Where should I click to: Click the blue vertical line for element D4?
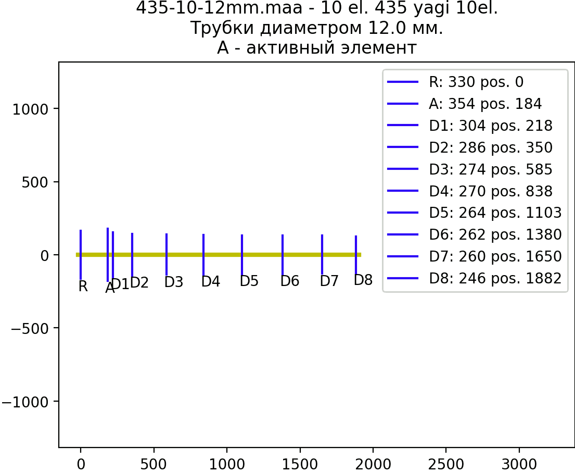pos(203,255)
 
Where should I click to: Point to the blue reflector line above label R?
pos(81,255)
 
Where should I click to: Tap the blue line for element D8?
pos(356,255)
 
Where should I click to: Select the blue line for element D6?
pos(283,255)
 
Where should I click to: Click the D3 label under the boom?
pos(173,282)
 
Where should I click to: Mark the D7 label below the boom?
pos(329,281)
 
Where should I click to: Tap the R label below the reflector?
pos(83,287)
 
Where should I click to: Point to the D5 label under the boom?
pos(249,281)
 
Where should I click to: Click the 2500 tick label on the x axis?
pos(446,464)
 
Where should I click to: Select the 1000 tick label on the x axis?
pos(227,464)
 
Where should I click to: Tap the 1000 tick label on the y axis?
pos(30,109)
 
